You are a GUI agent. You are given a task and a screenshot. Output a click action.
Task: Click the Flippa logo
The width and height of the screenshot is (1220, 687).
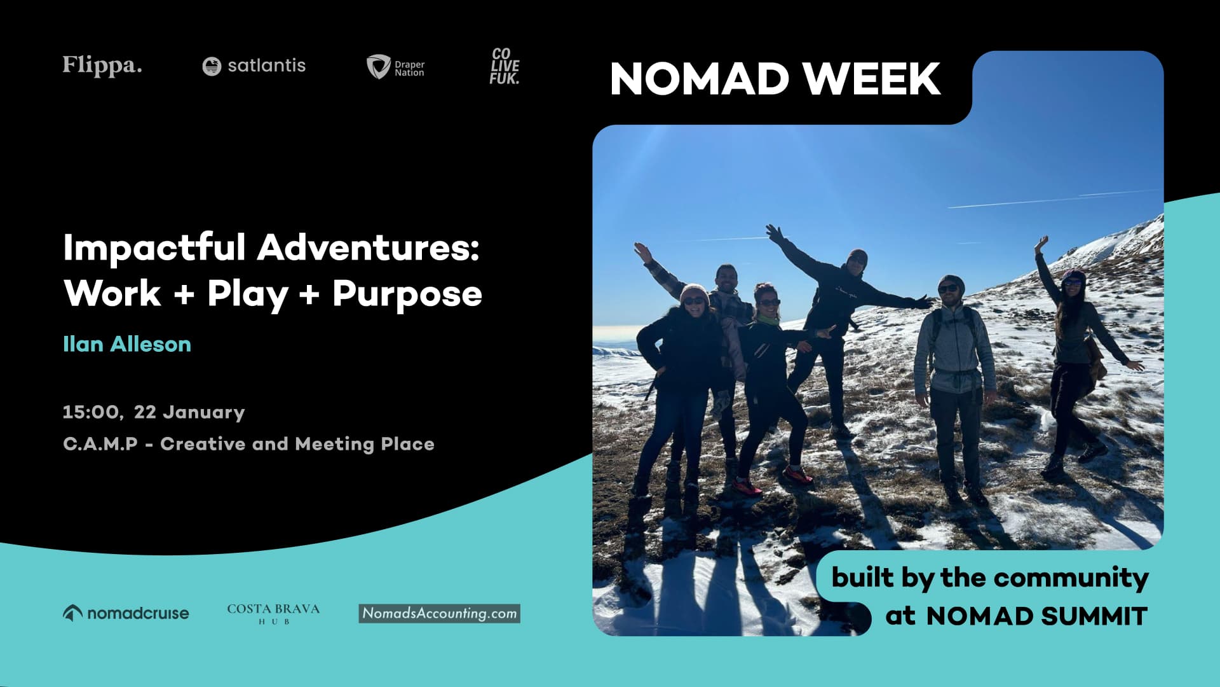[x=102, y=66]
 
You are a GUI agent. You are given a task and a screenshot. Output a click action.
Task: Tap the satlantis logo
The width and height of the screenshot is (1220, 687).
[x=254, y=66]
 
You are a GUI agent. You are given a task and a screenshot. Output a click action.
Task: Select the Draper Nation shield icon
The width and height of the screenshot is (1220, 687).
[x=378, y=66]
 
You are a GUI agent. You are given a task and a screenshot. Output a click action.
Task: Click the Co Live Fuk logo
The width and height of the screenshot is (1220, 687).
[x=505, y=66]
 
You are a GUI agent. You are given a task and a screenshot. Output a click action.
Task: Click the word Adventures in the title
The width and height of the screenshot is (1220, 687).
[x=368, y=247]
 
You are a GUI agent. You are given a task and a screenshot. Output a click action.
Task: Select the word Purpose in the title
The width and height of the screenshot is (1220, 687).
[x=407, y=294]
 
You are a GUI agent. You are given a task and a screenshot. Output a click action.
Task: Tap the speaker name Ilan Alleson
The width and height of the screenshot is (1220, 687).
[x=127, y=344]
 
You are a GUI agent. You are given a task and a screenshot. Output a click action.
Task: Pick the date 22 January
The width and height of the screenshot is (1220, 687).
[x=189, y=412]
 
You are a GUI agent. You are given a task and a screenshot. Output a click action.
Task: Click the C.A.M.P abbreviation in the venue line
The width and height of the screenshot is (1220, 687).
[x=100, y=444]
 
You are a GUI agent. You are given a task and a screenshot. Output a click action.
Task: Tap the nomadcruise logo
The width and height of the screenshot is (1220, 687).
[x=126, y=613]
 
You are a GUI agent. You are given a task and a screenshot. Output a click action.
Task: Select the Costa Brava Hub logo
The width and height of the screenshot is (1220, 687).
[x=273, y=613]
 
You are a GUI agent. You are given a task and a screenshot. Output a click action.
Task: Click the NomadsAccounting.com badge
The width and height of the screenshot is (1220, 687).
[x=439, y=613]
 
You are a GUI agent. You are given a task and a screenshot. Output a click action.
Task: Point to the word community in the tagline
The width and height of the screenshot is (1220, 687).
[x=1071, y=578]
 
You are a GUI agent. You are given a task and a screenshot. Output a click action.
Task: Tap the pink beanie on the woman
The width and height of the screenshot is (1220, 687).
[x=693, y=293]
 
